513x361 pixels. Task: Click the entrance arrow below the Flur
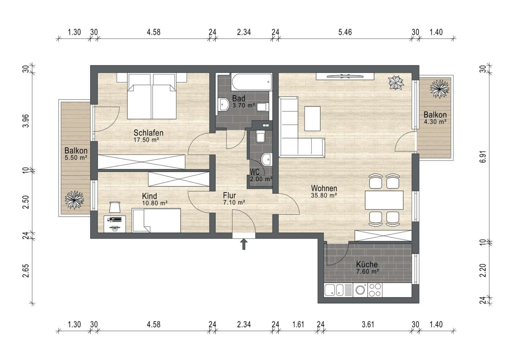pos(244,244)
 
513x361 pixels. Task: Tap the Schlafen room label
pos(148,133)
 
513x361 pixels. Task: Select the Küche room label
pos(367,264)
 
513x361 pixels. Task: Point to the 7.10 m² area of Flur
pos(234,202)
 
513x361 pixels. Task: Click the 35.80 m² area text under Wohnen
pos(324,196)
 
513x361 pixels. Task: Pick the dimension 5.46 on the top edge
pos(345,32)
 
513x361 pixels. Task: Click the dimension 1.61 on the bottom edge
pos(298,324)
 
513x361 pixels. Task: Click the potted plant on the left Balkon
pos(74,200)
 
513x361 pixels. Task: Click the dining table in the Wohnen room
pos(384,200)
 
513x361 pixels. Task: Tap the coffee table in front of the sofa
pos(312,119)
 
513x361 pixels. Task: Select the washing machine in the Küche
pos(360,290)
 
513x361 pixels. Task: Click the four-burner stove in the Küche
pos(375,290)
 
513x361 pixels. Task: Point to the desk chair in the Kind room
pos(115,207)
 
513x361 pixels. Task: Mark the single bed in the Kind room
pos(156,220)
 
